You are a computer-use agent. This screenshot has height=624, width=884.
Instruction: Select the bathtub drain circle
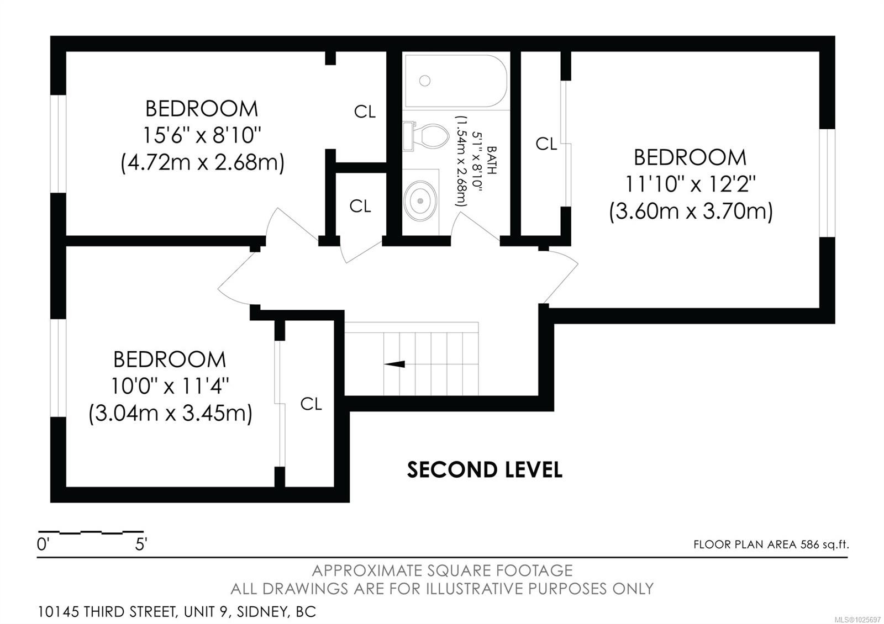pos(424,81)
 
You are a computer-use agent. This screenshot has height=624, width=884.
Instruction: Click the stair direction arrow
pos(394,364)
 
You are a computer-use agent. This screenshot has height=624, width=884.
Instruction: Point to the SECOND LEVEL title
pos(485,470)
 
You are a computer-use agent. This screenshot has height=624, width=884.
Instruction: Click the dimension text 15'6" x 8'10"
pos(202,135)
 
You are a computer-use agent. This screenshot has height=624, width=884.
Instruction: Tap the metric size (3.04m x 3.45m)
pos(170,414)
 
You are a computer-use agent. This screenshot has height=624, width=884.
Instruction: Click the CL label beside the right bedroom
pos(546,144)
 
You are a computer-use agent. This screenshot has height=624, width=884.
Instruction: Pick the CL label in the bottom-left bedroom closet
pos(311,404)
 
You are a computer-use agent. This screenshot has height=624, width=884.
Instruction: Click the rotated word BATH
pos(491,160)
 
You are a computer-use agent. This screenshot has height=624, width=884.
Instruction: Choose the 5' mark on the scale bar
pos(141,545)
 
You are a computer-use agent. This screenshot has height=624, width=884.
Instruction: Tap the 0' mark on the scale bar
pos(43,545)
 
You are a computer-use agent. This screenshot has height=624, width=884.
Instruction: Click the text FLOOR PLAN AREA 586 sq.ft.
pos(771,544)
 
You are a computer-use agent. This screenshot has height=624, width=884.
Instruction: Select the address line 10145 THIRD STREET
pos(177,612)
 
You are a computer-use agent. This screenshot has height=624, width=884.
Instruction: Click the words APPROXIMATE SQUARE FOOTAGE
pos(442,570)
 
